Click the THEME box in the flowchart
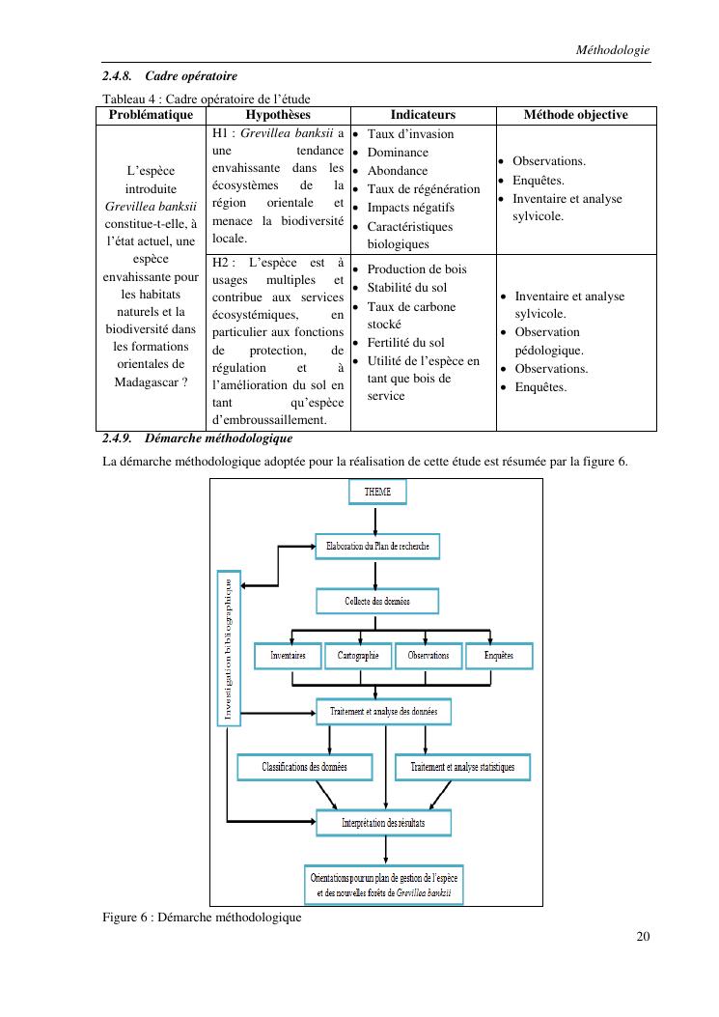coord(377,492)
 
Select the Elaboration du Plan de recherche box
coord(377,546)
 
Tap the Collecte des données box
coord(377,601)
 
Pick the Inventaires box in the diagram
coord(287,655)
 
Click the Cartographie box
coord(358,655)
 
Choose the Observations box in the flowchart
coord(429,655)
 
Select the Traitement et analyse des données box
coord(383,712)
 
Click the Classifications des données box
coord(304,767)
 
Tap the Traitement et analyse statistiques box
coord(462,767)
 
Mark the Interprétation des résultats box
coord(383,823)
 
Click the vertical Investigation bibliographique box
coord(228,648)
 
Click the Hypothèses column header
coord(278,115)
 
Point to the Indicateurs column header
coord(423,115)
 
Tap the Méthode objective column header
coord(575,115)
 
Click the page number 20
coord(643,935)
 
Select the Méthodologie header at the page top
coord(612,49)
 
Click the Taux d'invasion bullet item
coord(410,134)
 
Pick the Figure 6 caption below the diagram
coord(202,917)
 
